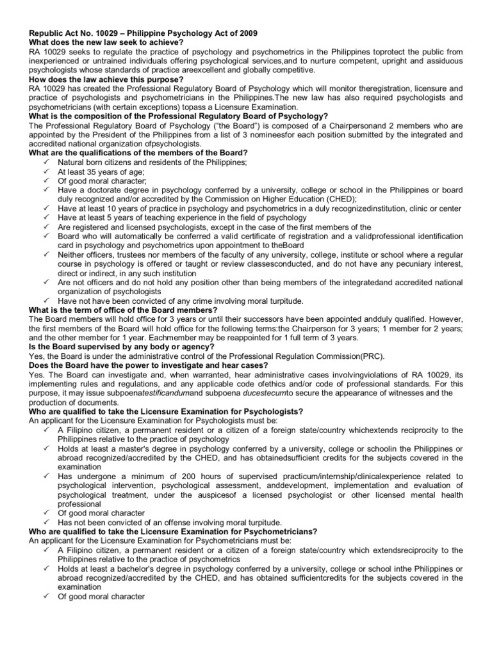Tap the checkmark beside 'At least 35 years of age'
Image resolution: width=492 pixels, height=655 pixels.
tap(47, 172)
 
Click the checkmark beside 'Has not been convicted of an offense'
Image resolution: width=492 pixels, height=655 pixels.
tap(47, 523)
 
